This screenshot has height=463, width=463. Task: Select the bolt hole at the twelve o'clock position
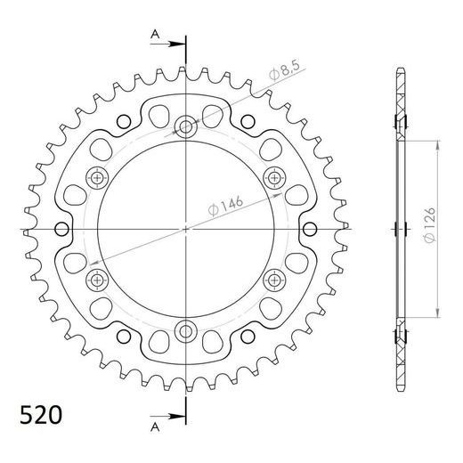(186, 126)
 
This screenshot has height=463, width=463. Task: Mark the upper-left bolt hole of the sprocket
(96, 178)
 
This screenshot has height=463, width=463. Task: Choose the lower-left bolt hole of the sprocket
(96, 281)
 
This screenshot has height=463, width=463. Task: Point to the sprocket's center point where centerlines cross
(186, 230)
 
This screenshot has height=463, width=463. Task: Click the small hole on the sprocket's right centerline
(312, 230)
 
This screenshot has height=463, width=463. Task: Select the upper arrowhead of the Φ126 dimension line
(437, 142)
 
